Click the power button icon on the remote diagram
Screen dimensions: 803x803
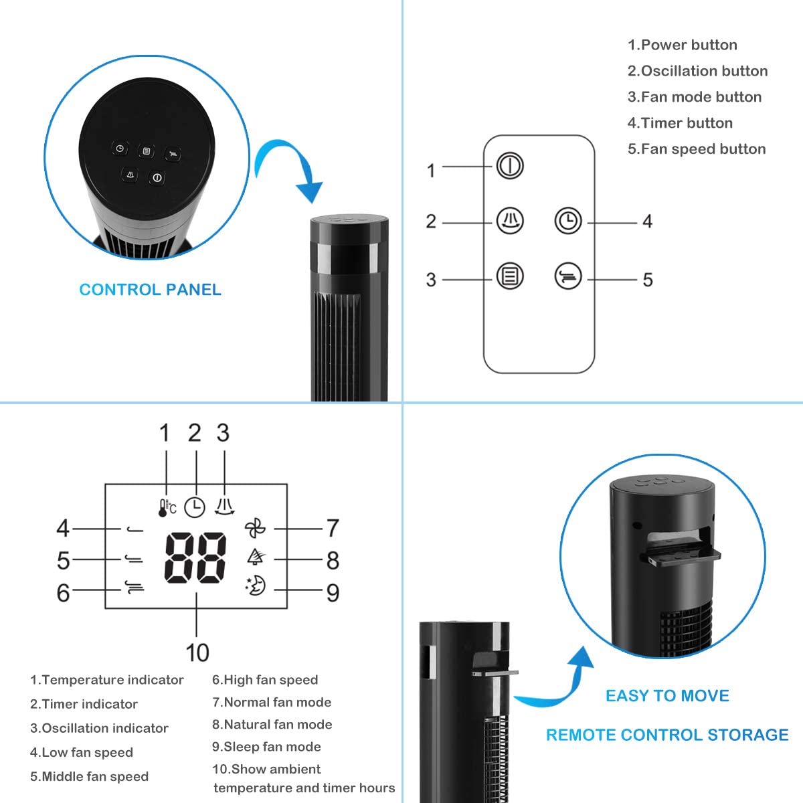(x=510, y=165)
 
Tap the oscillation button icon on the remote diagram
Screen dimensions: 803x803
(x=510, y=221)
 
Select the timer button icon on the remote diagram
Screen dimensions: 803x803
(x=568, y=221)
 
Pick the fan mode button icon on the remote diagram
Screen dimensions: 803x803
(x=510, y=276)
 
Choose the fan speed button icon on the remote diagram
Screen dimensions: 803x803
(x=568, y=276)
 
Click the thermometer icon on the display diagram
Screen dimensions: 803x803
(x=165, y=507)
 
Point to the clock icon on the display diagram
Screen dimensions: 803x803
(x=195, y=507)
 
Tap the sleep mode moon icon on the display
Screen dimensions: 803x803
(x=256, y=586)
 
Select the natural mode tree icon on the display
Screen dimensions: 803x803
(x=256, y=557)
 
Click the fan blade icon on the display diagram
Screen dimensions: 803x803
(x=255, y=529)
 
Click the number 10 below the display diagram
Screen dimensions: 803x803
(x=197, y=652)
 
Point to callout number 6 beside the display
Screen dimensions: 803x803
(x=63, y=592)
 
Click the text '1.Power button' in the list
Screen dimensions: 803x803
(x=682, y=45)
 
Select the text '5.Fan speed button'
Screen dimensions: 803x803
(x=696, y=149)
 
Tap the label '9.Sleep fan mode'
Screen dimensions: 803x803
(x=266, y=746)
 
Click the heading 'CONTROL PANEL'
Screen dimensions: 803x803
(x=150, y=290)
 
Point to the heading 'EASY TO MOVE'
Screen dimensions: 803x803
(x=667, y=696)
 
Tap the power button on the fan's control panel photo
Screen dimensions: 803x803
(x=157, y=177)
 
